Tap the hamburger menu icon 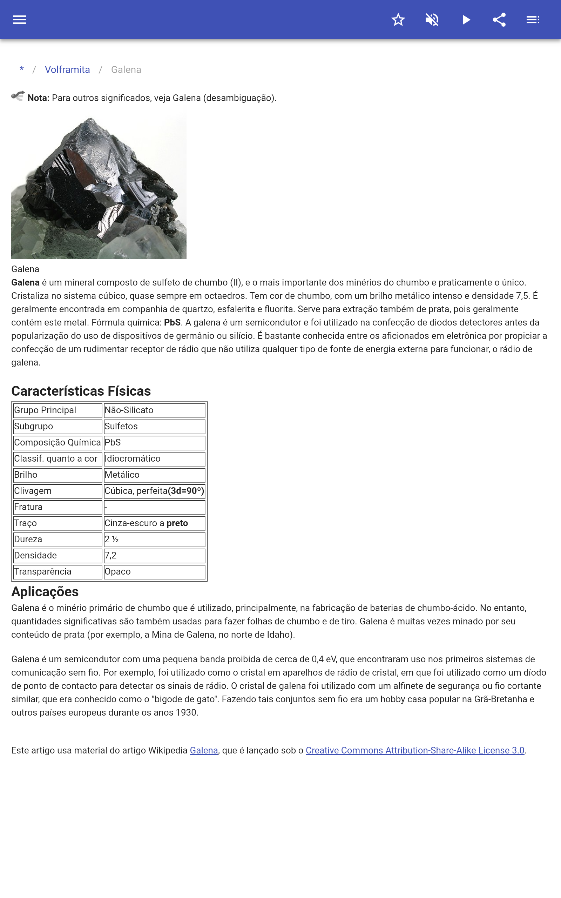pos(20,20)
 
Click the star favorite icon pos(398,20)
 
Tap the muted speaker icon pos(432,20)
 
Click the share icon pos(499,20)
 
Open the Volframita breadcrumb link pos(67,70)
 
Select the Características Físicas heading pos(81,391)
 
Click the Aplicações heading pos(45,592)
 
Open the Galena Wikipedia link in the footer pos(204,751)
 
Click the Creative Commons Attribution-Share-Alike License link pos(415,751)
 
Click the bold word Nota pos(38,98)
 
